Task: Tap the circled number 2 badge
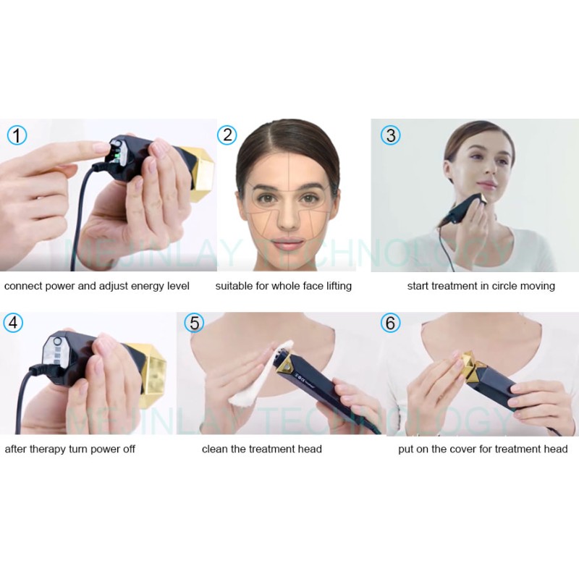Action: (227, 135)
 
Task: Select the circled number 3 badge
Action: (390, 135)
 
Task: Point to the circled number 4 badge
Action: (13, 323)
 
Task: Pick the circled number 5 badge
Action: (193, 323)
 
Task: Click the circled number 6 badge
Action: (390, 323)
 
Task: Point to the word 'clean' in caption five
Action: (215, 449)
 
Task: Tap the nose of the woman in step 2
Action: (289, 215)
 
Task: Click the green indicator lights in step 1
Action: (116, 151)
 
